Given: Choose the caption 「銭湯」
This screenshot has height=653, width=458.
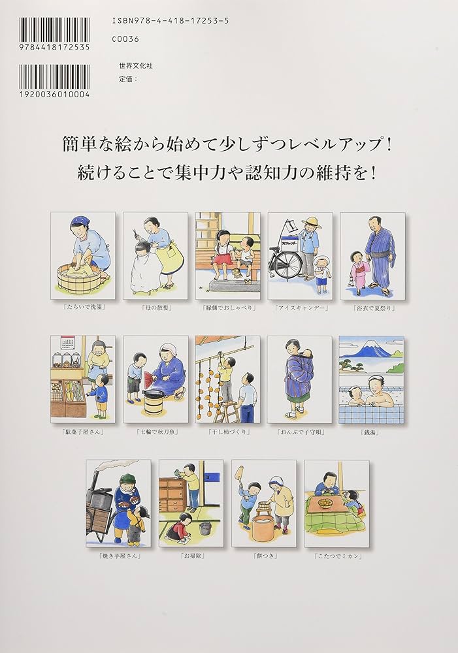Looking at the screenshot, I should pos(371,432).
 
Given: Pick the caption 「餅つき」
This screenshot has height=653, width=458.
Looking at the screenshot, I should pos(263,556).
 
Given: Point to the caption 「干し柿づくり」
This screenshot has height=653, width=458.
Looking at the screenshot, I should pos(227,432).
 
